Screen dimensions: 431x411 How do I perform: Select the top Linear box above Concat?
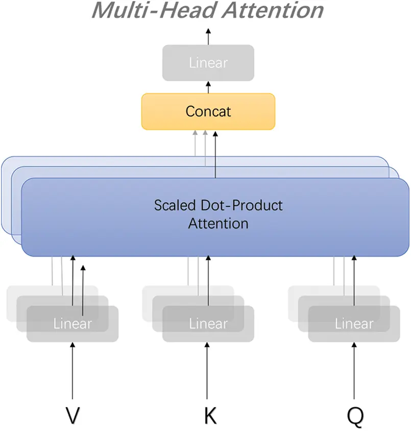[x=208, y=63]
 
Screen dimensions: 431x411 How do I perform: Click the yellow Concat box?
[x=208, y=111]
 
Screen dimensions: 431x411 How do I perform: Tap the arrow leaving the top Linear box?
[x=208, y=36]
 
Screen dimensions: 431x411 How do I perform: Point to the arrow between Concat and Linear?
[x=208, y=87]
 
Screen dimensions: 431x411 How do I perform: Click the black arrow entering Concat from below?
[x=215, y=153]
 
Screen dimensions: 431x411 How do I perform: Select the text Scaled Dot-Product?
[x=218, y=206]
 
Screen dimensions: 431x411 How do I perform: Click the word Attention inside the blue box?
[x=218, y=223]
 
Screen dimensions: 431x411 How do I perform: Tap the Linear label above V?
[x=72, y=324]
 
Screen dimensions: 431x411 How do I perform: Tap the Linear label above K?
[x=208, y=324]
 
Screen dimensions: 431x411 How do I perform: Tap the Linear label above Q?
[x=354, y=324]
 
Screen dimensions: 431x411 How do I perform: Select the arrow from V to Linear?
[x=72, y=370]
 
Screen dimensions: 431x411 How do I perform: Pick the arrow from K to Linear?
[x=207, y=370]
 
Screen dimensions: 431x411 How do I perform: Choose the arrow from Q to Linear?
[x=354, y=370]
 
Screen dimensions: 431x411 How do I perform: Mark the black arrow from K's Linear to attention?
[x=207, y=281]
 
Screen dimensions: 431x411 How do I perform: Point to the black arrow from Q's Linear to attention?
[x=354, y=281]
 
